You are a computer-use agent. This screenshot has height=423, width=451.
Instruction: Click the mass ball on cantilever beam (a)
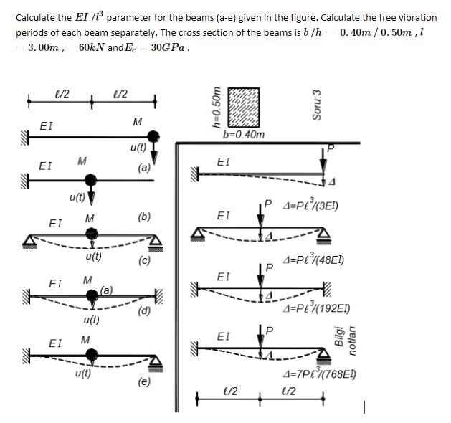coord(153,136)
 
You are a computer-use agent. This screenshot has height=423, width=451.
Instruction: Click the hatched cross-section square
coord(244,108)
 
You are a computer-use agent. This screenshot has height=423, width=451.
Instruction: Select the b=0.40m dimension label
coord(244,134)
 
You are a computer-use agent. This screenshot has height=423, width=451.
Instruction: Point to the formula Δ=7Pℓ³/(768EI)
coord(321,374)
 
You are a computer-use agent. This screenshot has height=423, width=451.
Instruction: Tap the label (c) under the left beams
coord(144,261)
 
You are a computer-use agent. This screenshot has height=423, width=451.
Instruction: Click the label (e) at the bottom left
coord(144,382)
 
